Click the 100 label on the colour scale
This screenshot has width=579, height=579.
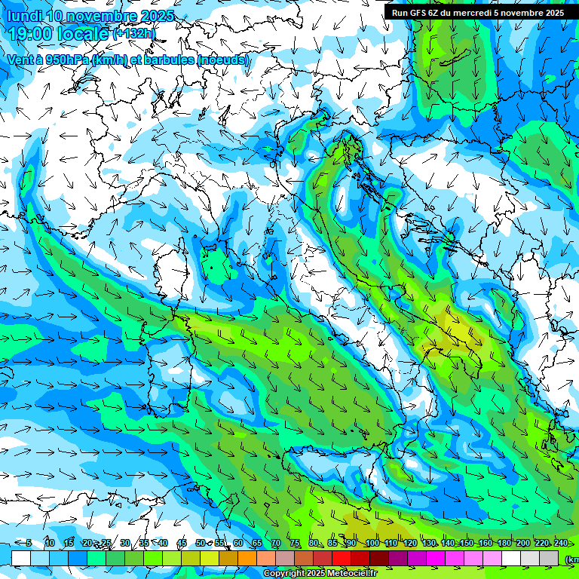[372, 543]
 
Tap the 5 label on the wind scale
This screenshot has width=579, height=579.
[29, 543]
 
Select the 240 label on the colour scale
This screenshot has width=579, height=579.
[561, 543]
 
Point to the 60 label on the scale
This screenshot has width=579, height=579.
[237, 543]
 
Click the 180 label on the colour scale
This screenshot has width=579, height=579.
[504, 543]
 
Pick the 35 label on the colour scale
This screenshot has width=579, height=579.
[143, 543]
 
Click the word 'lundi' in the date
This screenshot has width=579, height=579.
[23, 16]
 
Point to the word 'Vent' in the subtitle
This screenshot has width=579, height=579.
[22, 60]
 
